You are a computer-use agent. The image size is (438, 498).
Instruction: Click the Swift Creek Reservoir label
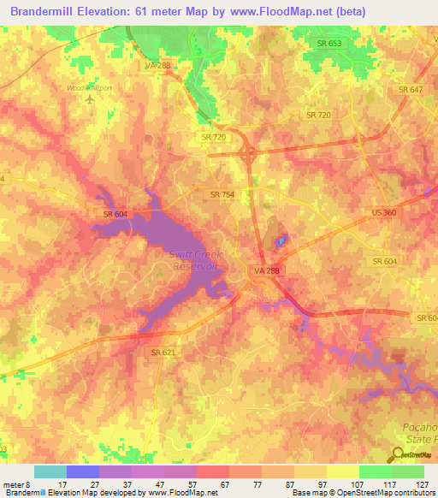(192, 259)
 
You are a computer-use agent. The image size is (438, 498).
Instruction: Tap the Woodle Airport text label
(89, 87)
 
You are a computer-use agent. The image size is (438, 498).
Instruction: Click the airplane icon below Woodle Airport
(91, 100)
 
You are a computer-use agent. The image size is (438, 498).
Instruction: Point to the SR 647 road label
(411, 89)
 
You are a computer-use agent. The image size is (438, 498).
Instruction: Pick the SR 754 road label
(222, 195)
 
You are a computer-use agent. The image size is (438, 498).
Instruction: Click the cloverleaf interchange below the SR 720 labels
(249, 155)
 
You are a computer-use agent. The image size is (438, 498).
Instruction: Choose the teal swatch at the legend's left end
(50, 471)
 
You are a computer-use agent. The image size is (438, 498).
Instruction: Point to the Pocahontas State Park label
(419, 431)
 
